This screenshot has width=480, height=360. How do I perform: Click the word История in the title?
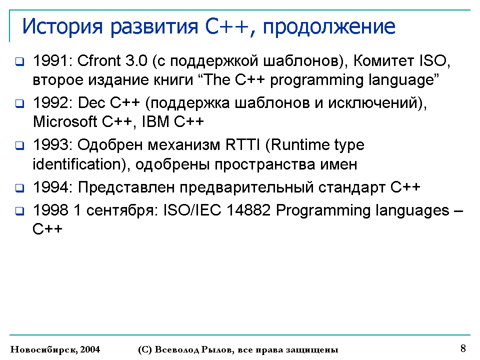[x=62, y=26]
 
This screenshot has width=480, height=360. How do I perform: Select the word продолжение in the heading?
[x=329, y=27]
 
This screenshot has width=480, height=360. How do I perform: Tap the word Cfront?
[x=99, y=60]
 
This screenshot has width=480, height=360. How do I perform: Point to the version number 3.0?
[x=136, y=60]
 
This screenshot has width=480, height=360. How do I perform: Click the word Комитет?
[x=383, y=60]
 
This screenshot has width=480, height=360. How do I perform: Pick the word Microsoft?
[x=65, y=121]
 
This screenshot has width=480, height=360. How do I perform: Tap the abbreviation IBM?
[x=155, y=121]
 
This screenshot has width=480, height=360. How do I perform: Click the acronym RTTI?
[x=242, y=145]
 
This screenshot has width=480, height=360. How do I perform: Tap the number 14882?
[x=248, y=210]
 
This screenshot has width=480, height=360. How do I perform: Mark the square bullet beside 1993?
[x=20, y=145]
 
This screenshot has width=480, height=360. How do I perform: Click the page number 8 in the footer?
[x=463, y=348]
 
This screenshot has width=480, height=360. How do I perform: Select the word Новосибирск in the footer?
[x=44, y=349]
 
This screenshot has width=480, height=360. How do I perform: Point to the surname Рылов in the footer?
[x=217, y=349]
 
